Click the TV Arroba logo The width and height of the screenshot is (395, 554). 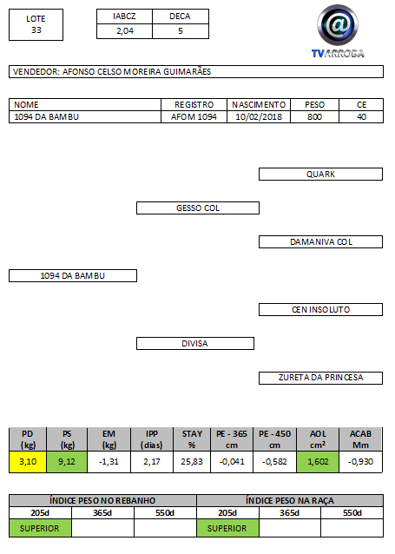tap(338, 31)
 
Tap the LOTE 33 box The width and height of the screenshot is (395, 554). tap(36, 24)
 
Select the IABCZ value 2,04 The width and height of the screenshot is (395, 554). tap(125, 31)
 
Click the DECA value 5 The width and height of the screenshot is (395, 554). tap(181, 31)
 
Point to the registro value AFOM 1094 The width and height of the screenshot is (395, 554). tap(194, 117)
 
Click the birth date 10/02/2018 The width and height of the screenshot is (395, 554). tap(259, 117)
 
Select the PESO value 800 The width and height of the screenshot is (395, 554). tap(314, 117)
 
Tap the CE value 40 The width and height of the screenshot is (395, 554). tap(361, 117)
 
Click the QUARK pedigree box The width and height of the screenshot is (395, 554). tap(320, 175)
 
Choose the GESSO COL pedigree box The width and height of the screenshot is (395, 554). tap(198, 208)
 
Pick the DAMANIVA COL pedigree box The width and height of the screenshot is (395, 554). tap(320, 242)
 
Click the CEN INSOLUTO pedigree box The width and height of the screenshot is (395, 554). tap(320, 310)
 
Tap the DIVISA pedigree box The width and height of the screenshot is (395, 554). tap(195, 343)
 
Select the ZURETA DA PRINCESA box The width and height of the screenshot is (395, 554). tap(320, 378)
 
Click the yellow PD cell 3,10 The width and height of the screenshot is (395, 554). tap(28, 462)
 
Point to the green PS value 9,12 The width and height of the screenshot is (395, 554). tap(67, 462)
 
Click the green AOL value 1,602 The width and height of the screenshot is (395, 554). tap(318, 462)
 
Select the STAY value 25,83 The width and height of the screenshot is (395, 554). tap(192, 462)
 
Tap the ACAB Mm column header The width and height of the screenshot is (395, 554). tap(360, 439)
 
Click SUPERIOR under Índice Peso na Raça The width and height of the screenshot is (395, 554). tap(227, 528)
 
